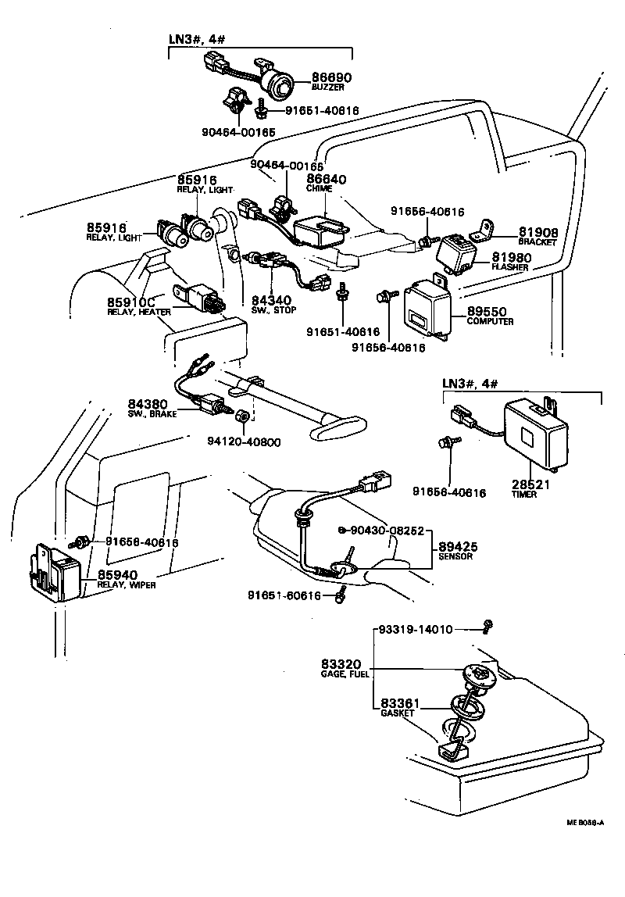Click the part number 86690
point(332,77)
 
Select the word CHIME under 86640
point(320,189)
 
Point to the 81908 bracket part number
point(536,231)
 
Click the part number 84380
point(148,404)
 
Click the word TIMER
point(524,495)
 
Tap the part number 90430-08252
point(387,531)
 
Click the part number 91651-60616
point(284,595)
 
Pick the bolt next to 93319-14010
point(487,625)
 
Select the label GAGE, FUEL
point(345,673)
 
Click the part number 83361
point(399,703)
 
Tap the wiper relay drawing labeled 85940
point(56,571)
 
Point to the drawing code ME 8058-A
point(586,822)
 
